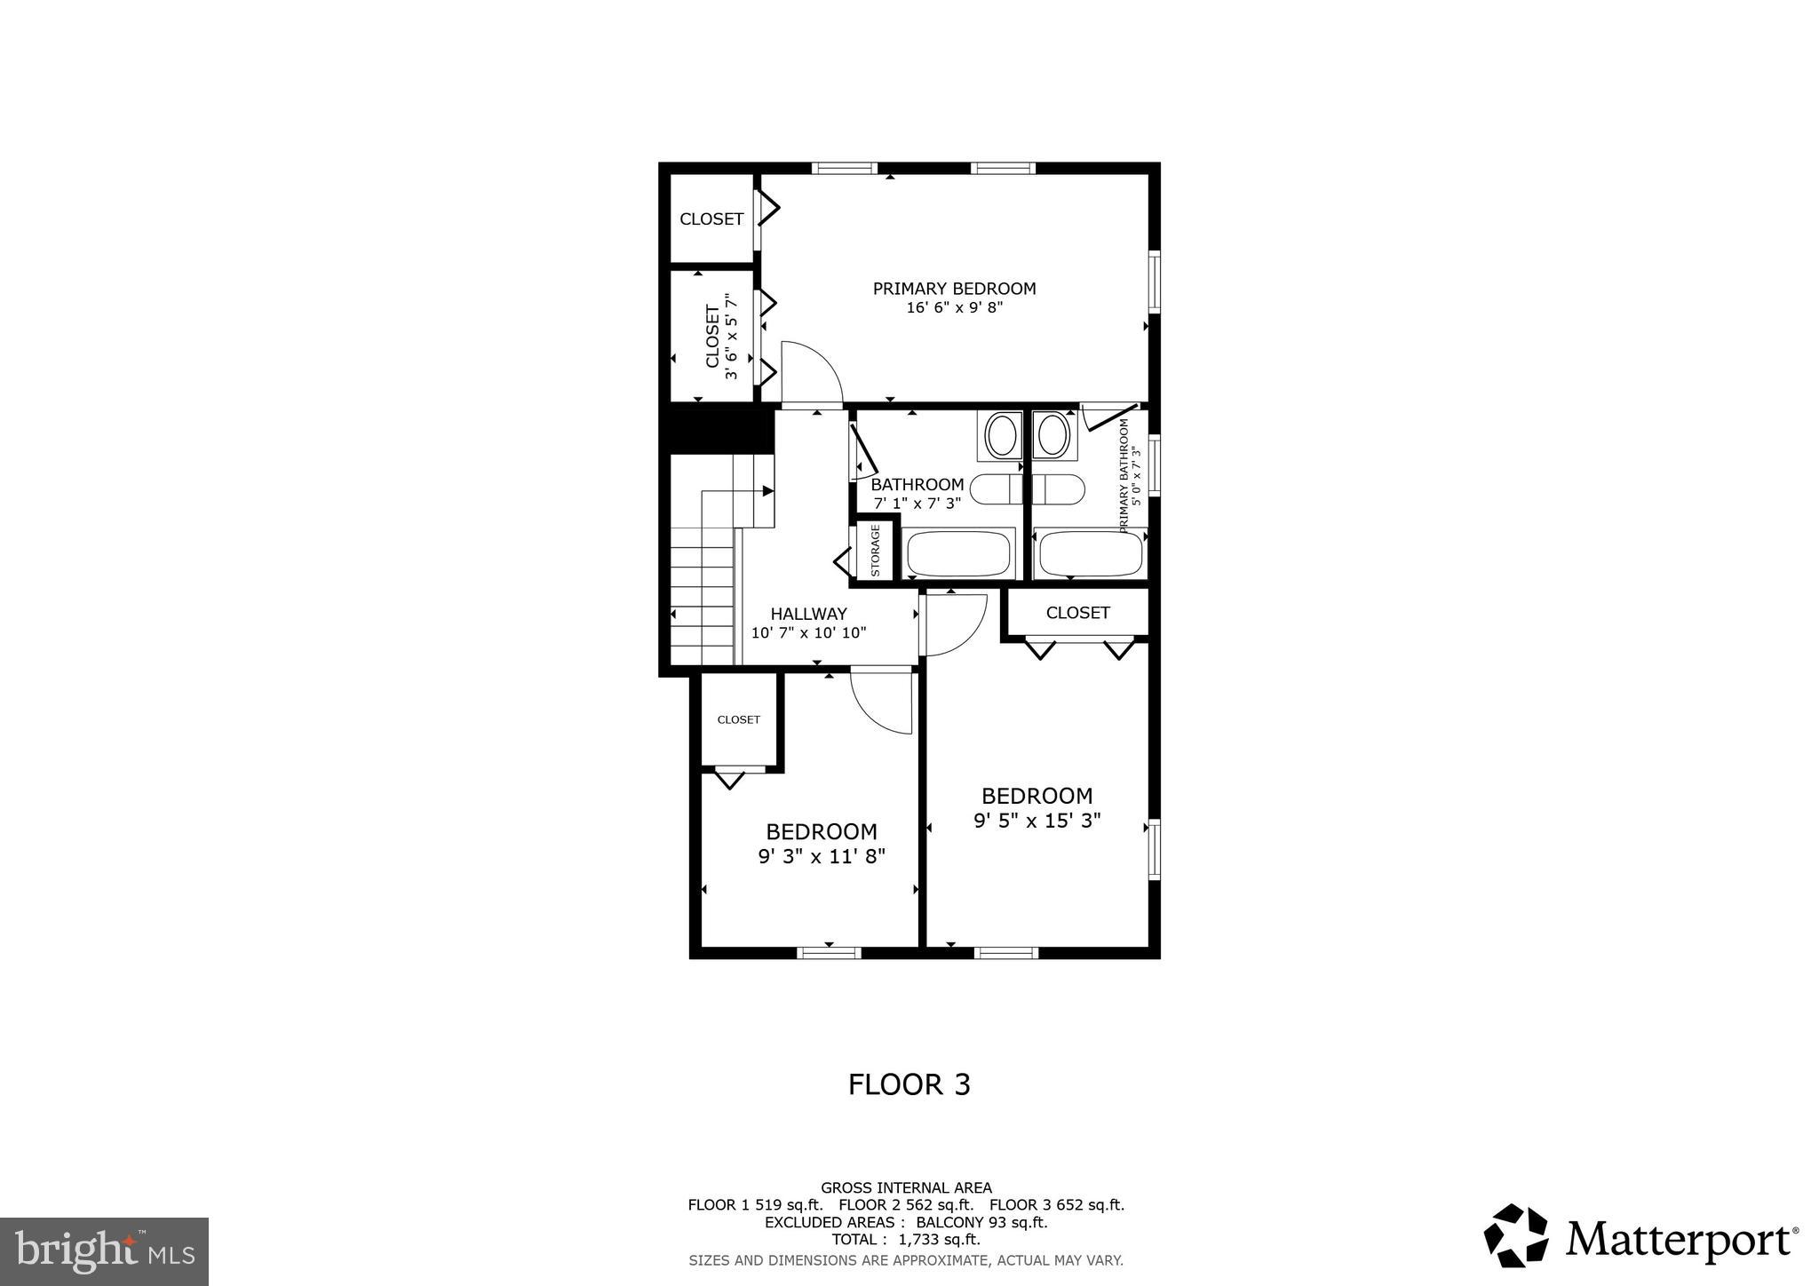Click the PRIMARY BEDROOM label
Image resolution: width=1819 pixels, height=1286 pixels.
tap(954, 289)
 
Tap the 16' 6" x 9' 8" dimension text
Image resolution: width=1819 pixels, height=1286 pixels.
tap(954, 308)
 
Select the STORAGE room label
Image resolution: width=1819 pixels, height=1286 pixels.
tap(875, 551)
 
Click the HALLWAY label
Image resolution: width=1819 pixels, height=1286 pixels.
tap(808, 614)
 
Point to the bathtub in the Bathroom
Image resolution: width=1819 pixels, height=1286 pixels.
tap(959, 553)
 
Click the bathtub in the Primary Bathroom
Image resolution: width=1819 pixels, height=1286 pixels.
tap(1091, 553)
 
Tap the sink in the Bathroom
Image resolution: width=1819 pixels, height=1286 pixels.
tap(1002, 436)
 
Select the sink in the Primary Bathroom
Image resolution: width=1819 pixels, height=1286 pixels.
tap(1054, 436)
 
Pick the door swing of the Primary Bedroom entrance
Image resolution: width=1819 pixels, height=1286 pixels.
tap(810, 372)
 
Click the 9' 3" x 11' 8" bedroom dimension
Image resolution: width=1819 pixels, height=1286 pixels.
tap(822, 856)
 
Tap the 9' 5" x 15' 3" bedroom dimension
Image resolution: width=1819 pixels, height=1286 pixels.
tap(1037, 821)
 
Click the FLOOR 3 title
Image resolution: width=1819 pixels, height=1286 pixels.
tap(909, 1084)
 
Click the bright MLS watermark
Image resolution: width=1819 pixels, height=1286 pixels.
tap(104, 1251)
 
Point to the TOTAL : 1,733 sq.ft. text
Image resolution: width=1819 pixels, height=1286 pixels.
tap(905, 1239)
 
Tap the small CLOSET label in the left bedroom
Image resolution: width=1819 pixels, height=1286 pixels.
tap(738, 719)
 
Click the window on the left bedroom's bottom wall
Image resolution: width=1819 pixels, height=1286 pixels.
tap(829, 953)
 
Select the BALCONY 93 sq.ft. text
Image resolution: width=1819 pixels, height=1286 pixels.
tap(981, 1222)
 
